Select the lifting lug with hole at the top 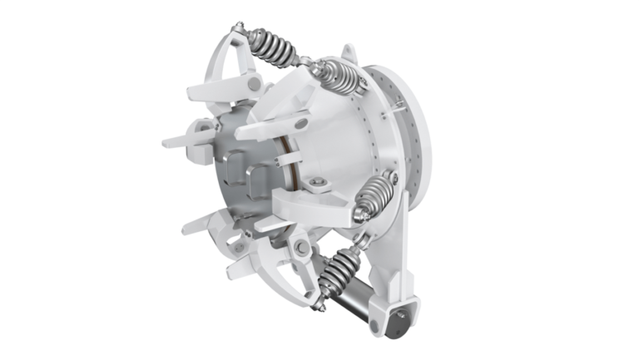[x=349, y=56]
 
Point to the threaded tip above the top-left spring [x=237, y=30]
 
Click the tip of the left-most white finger [x=165, y=142]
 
